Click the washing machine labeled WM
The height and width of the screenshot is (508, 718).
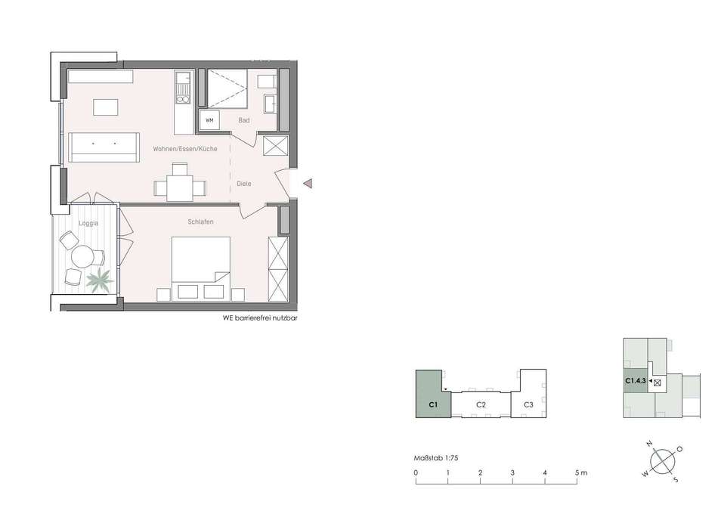coord(209,120)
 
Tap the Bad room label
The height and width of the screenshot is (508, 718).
coord(243,120)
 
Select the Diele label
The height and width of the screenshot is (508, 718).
coord(243,184)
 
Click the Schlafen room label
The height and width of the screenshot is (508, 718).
coord(200,221)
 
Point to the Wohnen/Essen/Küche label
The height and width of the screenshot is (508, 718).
coord(185,149)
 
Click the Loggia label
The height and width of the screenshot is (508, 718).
coord(88,224)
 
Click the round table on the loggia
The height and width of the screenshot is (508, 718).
coord(83,256)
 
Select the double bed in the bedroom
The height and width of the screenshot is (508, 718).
coord(200,268)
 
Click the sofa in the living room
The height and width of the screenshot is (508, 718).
coord(104,147)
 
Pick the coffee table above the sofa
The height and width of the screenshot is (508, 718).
coord(106,107)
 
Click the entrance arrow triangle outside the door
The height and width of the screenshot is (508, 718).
coord(308,184)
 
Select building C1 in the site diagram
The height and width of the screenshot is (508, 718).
coord(433,395)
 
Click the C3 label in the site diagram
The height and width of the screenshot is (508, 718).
coord(528,405)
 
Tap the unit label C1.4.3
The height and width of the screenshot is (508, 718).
coord(635,380)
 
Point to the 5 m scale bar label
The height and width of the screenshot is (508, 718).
coord(580,472)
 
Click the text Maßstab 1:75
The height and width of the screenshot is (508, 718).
coord(436,457)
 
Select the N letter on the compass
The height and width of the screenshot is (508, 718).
coord(649,444)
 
